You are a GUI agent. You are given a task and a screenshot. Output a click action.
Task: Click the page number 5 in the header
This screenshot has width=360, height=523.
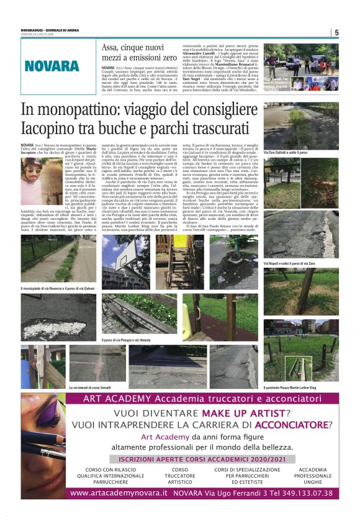click(x=336, y=32)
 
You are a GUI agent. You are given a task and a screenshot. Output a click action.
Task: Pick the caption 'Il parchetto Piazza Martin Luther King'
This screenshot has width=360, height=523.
click(x=294, y=387)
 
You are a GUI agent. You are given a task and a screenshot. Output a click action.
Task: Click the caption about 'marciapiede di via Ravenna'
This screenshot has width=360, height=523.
click(x=58, y=289)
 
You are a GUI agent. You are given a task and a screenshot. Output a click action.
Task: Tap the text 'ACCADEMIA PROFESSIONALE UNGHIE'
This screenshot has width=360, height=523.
click(x=312, y=475)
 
